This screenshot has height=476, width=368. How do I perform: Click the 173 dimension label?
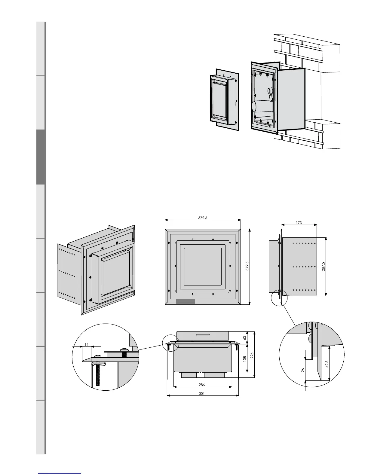coord(299,223)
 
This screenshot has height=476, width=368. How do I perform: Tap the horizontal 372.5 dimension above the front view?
coord(203,218)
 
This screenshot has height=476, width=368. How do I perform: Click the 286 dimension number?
coord(202,385)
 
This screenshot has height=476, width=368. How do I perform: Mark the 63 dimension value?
coord(245,338)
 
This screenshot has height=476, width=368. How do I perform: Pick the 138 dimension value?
coord(245,358)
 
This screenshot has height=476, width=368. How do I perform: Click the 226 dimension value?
coord(252,355)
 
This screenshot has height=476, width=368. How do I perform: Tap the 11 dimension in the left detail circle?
coord(86,345)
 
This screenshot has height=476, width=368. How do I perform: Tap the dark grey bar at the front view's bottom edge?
coord(185,301)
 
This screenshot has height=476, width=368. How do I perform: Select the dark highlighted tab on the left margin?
coord(41,157)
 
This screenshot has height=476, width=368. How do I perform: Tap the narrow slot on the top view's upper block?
coord(203,334)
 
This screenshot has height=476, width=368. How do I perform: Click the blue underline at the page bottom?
coord(60,473)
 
